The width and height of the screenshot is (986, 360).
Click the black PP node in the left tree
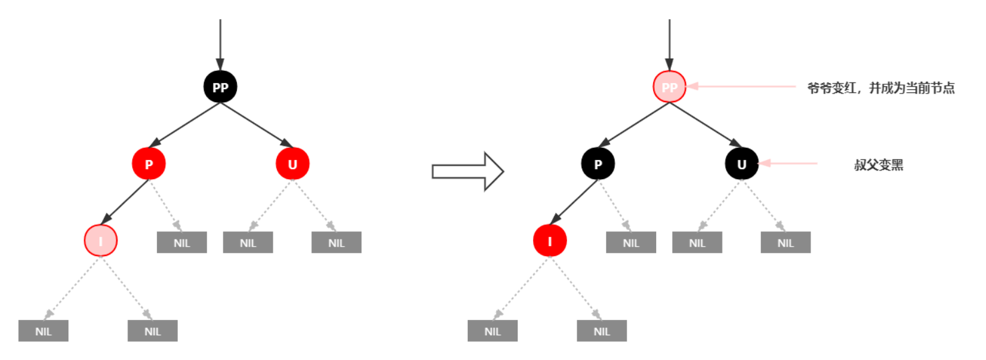pos(220,87)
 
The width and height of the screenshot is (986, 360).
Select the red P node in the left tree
pos(149,164)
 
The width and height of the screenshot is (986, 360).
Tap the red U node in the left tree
pos(293,164)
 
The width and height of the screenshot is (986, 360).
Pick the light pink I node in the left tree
pos(101,240)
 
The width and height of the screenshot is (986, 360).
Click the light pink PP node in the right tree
pos(670,87)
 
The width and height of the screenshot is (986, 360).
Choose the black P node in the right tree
pos(598,164)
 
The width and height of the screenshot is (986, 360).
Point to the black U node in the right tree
pos(742,164)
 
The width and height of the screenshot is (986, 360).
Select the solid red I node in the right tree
pos(550,240)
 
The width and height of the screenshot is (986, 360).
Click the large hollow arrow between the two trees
pos(468,171)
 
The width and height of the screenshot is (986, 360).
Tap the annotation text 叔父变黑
pos(878,165)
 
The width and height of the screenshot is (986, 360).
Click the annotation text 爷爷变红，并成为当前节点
pos(881,88)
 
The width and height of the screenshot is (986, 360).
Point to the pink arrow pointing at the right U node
pos(788,163)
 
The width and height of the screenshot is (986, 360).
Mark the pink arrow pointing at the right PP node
pos(741,86)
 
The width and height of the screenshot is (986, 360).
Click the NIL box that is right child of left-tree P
pos(182,242)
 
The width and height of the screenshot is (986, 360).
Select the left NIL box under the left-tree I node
pos(43,331)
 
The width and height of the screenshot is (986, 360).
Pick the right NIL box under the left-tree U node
pos(336,242)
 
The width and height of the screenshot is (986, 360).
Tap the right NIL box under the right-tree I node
pos(602,331)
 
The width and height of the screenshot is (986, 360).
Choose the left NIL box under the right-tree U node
pos(697,242)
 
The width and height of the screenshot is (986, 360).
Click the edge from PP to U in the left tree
pos(257,125)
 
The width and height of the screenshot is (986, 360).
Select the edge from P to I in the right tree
pos(574,202)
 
